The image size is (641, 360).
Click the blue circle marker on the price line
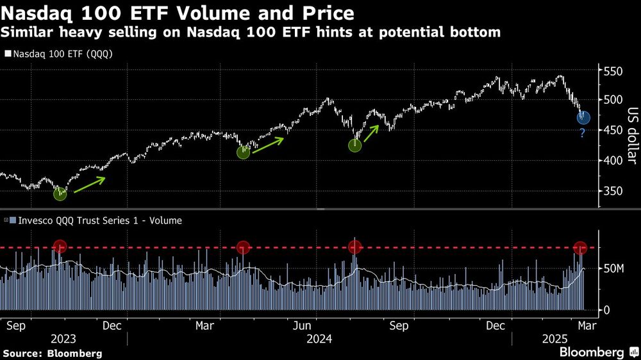(583, 117)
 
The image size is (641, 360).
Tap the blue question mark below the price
(582, 133)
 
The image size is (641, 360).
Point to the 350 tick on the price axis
(614, 191)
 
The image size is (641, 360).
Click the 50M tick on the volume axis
(614, 268)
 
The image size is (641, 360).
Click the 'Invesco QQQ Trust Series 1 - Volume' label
(96, 220)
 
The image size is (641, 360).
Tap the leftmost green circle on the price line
(60, 193)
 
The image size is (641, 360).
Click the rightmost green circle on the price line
(354, 145)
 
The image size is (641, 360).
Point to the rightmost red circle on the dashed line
(580, 247)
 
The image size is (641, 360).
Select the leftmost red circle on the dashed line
(60, 247)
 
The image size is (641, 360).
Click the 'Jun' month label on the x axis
(302, 325)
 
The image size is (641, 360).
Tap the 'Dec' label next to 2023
(113, 325)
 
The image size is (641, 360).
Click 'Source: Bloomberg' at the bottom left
(52, 353)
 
